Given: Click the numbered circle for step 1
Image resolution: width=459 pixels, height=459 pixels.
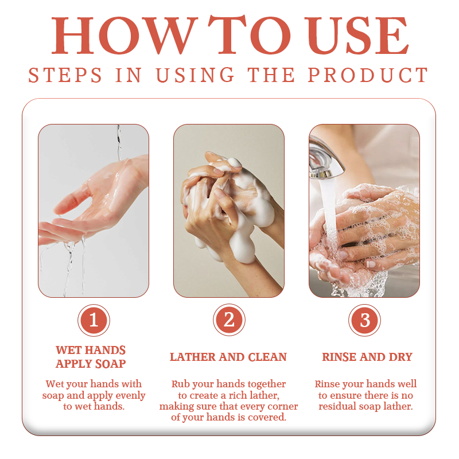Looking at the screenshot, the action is coord(94,320).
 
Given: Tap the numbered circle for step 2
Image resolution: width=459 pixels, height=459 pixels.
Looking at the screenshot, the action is coord(229,320).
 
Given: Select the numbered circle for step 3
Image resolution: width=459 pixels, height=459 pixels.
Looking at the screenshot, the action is coord(364,320).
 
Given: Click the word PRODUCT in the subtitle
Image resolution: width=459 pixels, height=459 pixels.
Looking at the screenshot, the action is coord(368,75).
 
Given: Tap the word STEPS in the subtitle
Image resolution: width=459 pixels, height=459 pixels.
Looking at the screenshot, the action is coord(65,75).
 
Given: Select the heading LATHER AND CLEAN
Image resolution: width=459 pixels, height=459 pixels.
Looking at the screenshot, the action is coord(228,357).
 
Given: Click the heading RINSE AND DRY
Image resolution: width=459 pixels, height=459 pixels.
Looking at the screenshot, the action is coord(367,357).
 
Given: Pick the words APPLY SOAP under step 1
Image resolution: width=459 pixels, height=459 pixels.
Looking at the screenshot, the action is coord(91,364).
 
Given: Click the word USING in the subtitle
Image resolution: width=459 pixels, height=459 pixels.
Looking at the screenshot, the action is coord(195,75).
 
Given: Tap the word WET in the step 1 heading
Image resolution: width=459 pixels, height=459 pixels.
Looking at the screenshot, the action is coord(66,350).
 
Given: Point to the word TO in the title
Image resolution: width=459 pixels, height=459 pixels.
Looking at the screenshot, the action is coord(249,36).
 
